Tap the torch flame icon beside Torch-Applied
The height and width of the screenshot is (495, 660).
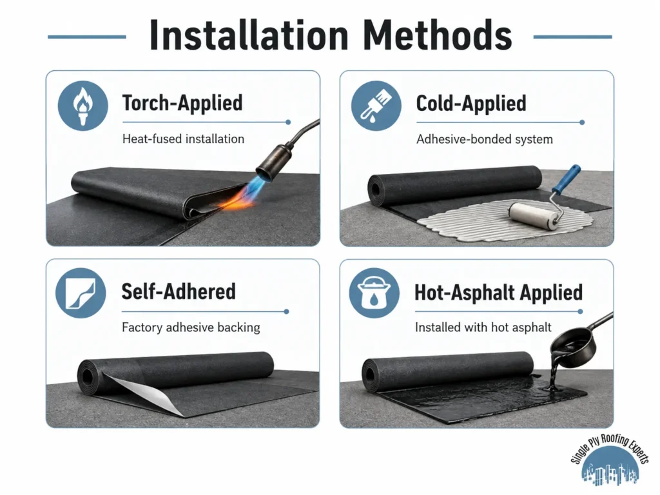tap(83, 105)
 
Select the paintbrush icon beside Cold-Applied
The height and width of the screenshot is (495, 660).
tap(376, 105)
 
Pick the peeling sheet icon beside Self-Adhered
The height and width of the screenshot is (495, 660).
tap(81, 293)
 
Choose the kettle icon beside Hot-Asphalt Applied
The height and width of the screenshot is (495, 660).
tap(374, 293)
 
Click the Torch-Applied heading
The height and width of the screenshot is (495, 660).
tap(182, 103)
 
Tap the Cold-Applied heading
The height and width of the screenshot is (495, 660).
tap(471, 103)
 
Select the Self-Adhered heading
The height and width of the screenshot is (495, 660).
tap(179, 291)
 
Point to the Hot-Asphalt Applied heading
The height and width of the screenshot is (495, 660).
tap(498, 292)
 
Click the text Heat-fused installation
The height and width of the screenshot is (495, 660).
tap(183, 139)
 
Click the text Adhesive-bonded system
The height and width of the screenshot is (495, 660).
tap(485, 139)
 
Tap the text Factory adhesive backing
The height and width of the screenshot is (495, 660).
tap(191, 327)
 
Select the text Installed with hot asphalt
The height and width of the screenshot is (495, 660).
tap(483, 327)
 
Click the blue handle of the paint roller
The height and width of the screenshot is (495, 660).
tap(567, 179)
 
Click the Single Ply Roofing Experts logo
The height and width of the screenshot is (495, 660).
tap(610, 461)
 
